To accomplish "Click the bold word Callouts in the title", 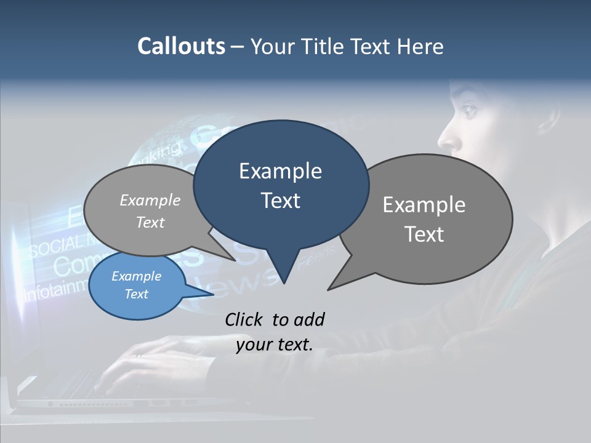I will click(x=181, y=47).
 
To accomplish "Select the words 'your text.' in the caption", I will click(x=275, y=345).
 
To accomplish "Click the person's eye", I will click(x=470, y=111).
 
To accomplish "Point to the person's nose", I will click(x=446, y=139).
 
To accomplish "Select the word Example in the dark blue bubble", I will click(x=281, y=171).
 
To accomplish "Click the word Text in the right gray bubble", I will click(x=424, y=234).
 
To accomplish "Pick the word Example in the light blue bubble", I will click(x=137, y=276).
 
